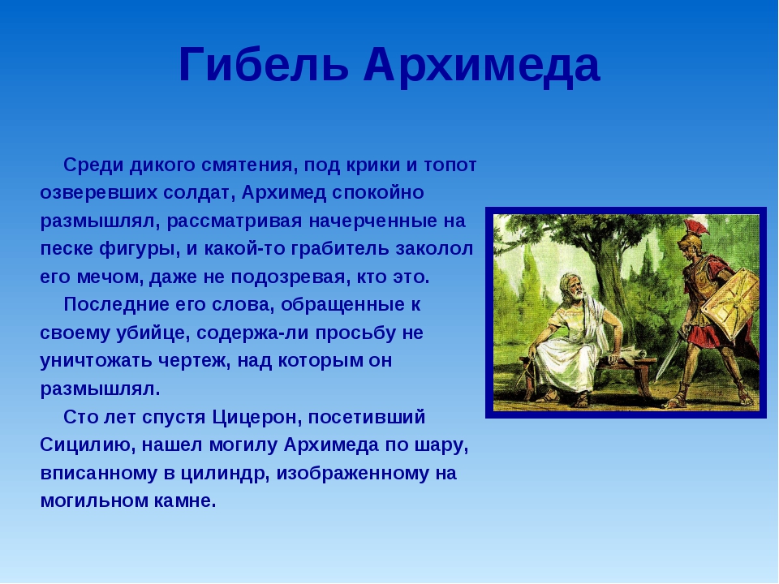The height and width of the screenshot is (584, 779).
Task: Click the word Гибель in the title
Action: pos(264,65)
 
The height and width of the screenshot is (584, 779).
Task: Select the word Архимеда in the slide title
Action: pos(481,67)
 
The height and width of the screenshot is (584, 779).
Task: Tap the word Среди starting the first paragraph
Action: pos(93,165)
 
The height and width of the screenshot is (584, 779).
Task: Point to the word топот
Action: pos(450,165)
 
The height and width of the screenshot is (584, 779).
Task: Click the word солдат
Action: pos(199,193)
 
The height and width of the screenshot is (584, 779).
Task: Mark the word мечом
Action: pos(110,277)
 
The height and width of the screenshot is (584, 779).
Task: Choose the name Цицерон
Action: pos(257,417)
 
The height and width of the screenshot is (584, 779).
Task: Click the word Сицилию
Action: pos(88,445)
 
